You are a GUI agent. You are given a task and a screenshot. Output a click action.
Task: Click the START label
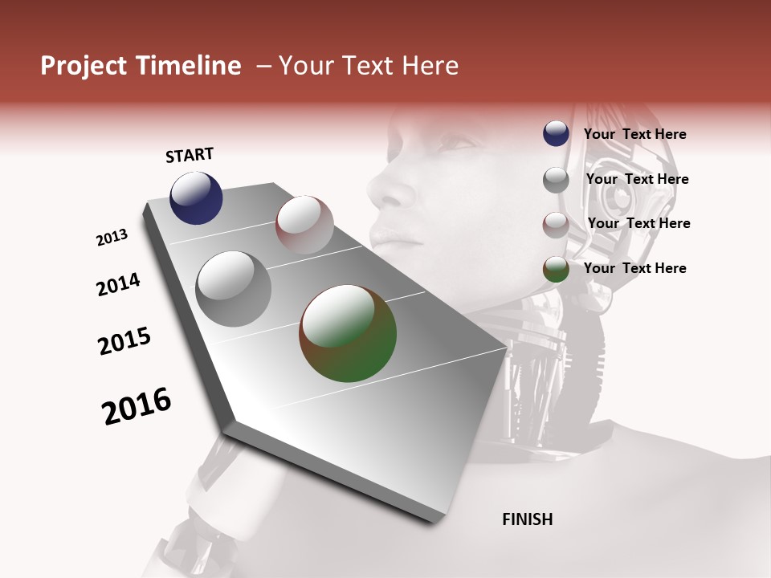(x=190, y=155)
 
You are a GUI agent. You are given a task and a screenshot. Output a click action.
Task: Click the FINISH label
(x=527, y=519)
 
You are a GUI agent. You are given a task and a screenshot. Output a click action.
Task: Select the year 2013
(x=112, y=238)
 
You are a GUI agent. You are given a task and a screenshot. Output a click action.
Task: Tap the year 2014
(x=118, y=285)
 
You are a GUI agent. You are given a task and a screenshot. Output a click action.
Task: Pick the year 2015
(x=124, y=341)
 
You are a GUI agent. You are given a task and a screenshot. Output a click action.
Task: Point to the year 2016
(x=137, y=406)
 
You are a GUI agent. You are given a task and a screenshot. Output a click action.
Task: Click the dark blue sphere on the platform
(x=196, y=198)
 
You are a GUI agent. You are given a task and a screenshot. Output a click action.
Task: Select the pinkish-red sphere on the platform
(x=304, y=224)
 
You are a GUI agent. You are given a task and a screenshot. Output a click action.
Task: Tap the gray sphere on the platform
(x=233, y=288)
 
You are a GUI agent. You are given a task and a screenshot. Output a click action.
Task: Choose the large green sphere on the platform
(x=348, y=333)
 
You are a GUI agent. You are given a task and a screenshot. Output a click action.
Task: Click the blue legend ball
(x=556, y=134)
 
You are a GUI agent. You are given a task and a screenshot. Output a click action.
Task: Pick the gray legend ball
(x=556, y=179)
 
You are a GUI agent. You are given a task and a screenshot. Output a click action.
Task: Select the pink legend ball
(x=556, y=224)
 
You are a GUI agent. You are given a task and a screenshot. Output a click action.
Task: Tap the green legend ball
(x=556, y=269)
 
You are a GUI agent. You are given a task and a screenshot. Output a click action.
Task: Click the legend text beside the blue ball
(x=634, y=134)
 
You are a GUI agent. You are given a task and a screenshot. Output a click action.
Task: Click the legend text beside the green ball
(x=634, y=268)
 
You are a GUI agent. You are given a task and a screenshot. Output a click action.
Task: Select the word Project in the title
(x=83, y=66)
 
